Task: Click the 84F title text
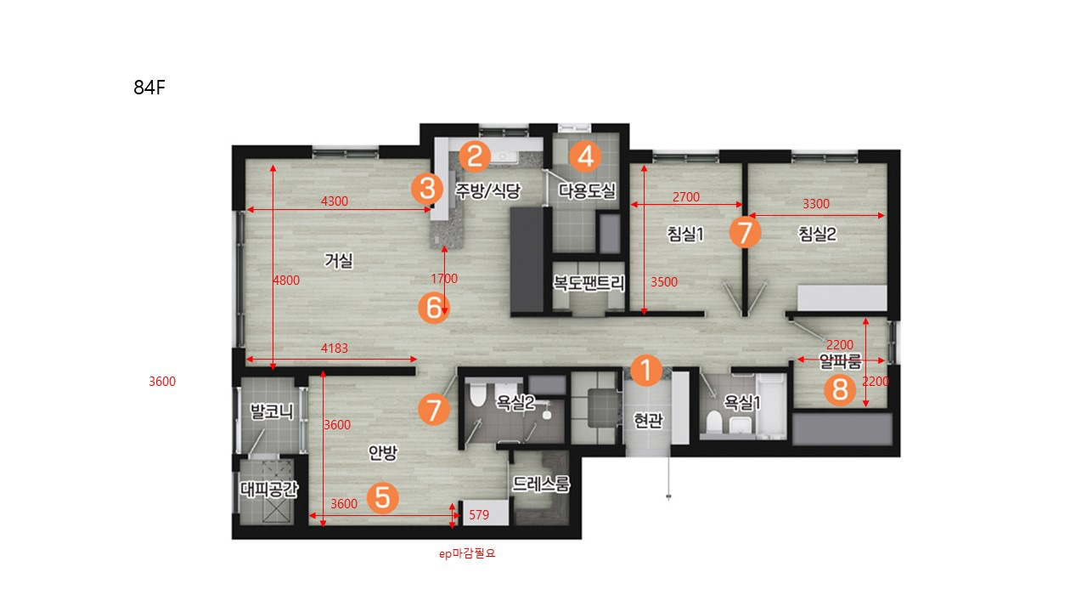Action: point(149,88)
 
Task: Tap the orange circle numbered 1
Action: point(646,370)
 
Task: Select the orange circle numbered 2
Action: point(475,156)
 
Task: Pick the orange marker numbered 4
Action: point(586,156)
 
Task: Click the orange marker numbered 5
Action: point(382,498)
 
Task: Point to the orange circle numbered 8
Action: point(840,389)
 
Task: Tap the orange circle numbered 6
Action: point(434,308)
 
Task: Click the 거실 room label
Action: point(339,261)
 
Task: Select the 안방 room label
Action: point(383,453)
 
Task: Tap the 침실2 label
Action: point(818,234)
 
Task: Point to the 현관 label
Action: point(648,420)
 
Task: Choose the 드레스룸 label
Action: point(541,484)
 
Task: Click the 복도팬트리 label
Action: point(589,283)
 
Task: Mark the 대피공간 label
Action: point(269,489)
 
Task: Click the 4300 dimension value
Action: point(335,201)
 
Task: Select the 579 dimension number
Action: point(479,515)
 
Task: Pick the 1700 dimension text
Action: point(444,279)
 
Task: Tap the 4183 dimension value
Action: point(335,348)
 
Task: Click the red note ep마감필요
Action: point(467,553)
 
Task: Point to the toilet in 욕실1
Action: point(714,422)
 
